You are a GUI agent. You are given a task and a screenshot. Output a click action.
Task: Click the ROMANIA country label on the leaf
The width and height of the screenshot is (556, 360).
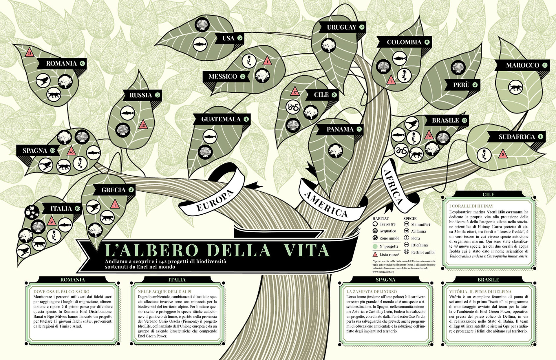(61, 63)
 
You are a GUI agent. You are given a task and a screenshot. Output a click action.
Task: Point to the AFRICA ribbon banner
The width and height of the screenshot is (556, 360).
(393, 187)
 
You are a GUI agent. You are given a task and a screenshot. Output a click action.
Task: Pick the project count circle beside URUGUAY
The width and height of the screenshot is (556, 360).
(362, 27)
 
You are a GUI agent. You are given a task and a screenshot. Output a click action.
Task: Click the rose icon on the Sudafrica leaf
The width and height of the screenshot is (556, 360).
(484, 154)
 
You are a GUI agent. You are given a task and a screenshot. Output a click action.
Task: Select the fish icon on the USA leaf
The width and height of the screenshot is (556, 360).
(200, 44)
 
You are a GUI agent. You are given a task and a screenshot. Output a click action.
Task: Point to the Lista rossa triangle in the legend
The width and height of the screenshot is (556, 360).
(375, 255)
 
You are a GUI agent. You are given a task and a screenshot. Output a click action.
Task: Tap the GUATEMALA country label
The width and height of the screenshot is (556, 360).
(221, 119)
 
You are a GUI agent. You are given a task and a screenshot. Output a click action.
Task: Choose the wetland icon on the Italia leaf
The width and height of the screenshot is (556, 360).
(32, 212)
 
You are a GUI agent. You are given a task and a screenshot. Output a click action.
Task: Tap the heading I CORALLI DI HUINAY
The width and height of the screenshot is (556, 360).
(471, 206)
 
